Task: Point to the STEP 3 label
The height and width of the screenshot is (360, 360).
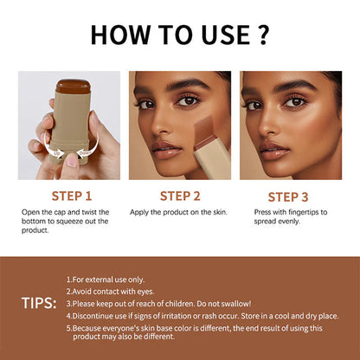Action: tap(289, 196)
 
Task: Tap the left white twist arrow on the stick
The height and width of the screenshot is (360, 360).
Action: tap(51, 153)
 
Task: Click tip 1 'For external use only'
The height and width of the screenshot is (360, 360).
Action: tap(106, 280)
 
